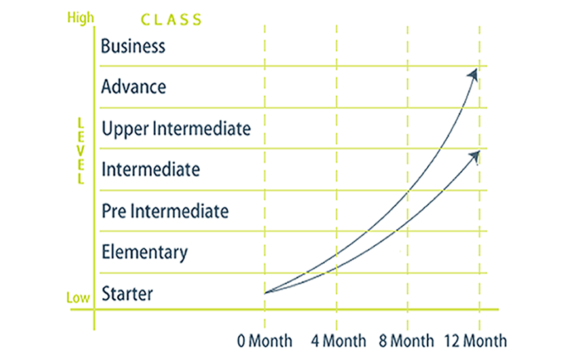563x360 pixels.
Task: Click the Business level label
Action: [x=133, y=46]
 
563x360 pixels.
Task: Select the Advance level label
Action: [x=134, y=86]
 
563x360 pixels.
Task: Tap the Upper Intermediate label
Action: [x=176, y=129]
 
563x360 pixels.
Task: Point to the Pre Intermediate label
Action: [x=165, y=211]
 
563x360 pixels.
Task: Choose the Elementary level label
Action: [x=145, y=252]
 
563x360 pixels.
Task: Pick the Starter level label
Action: [x=127, y=293]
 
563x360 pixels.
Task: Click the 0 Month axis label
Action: [x=264, y=340]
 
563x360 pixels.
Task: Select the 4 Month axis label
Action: [x=338, y=340]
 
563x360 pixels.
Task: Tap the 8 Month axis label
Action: [x=407, y=340]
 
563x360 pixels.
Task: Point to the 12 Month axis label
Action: [x=476, y=340]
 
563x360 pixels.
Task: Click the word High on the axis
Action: [x=81, y=18]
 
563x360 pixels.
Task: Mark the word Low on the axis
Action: [x=78, y=298]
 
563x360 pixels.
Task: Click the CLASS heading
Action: [x=171, y=20]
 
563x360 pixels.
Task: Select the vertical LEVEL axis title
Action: [x=81, y=151]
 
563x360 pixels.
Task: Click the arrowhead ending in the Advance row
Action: [x=473, y=75]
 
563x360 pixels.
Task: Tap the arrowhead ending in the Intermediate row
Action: [x=475, y=156]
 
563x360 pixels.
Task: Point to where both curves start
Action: [x=266, y=293]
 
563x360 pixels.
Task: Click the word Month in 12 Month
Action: [x=485, y=340]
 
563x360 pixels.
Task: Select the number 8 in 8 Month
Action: [x=383, y=341]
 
